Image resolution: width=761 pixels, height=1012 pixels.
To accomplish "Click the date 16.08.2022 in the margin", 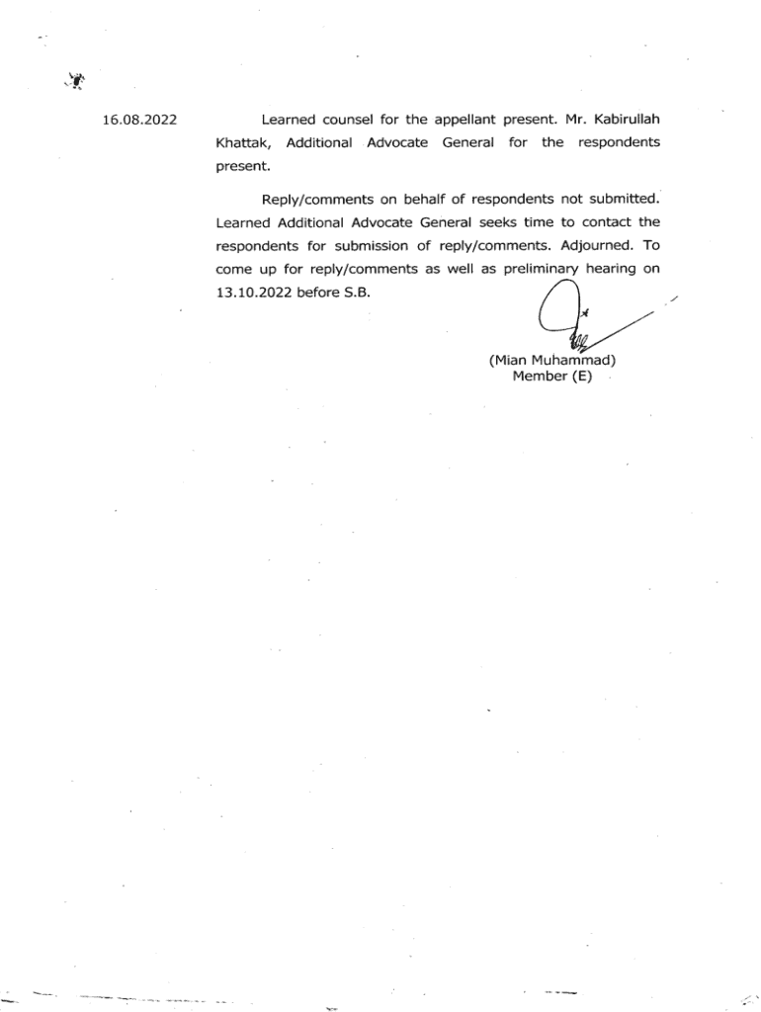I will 139,121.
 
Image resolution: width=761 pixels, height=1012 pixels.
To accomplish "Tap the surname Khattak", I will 241,143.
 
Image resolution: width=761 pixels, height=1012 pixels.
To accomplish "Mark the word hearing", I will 621,269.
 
